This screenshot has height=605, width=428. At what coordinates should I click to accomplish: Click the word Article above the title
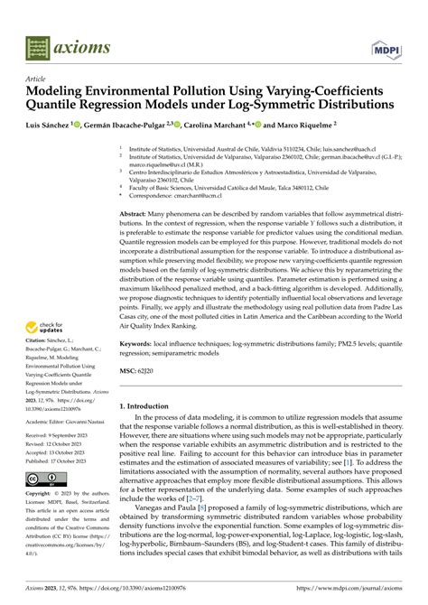(x=36, y=79)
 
